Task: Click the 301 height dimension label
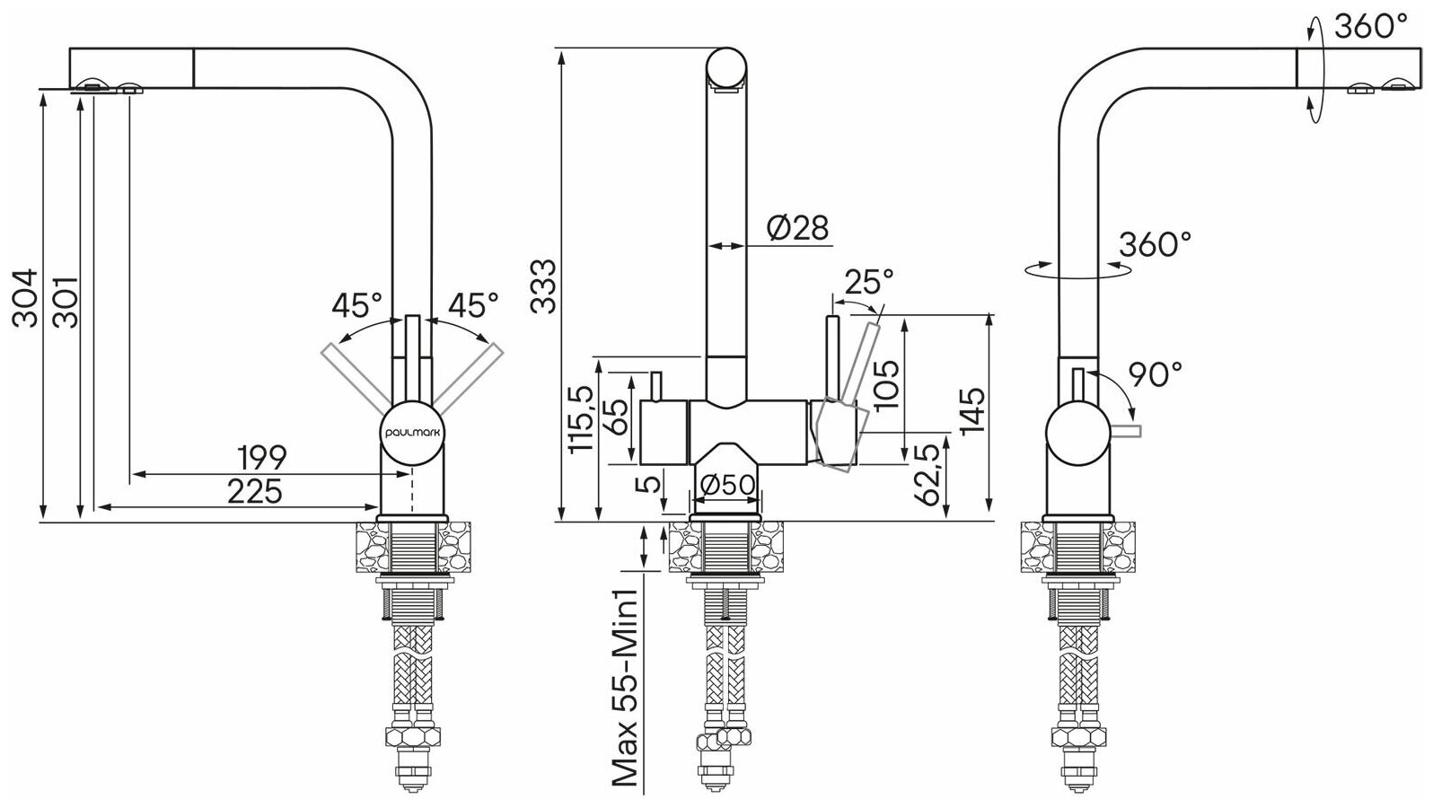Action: tap(65, 303)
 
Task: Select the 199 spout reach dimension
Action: tap(262, 458)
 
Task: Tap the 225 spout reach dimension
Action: tap(254, 492)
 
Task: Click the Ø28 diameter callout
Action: tap(797, 228)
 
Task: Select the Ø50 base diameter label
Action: tap(728, 484)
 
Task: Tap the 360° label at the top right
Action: tap(1370, 28)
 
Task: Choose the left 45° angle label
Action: tap(356, 305)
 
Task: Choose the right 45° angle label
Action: tap(472, 305)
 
